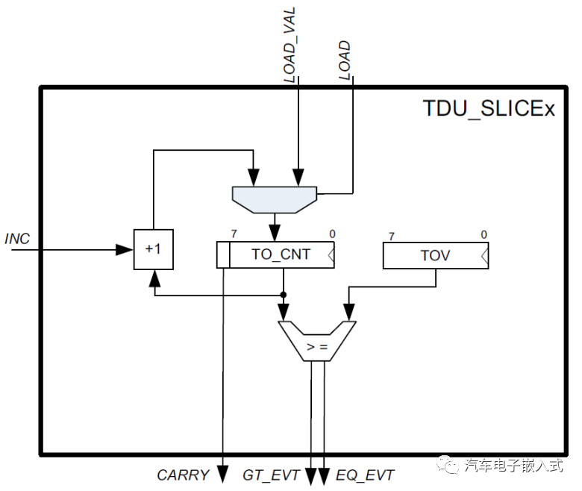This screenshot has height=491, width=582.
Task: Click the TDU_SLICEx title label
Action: coord(489,109)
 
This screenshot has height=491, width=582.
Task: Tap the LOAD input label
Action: coord(344,61)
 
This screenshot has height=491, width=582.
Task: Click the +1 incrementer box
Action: coord(153,248)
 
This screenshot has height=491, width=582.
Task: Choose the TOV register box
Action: coord(435,255)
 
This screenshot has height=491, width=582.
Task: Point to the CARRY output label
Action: coord(183,475)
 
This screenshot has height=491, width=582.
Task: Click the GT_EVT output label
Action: coord(271,475)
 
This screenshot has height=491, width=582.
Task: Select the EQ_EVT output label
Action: coord(366,475)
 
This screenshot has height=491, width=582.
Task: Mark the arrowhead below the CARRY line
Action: coord(222,473)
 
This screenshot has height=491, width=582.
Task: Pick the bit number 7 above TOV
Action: coord(391,237)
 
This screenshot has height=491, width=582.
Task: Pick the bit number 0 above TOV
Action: coord(484,235)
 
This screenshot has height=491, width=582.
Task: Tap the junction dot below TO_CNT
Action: coord(284,293)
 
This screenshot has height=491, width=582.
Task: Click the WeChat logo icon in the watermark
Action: coord(451,466)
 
